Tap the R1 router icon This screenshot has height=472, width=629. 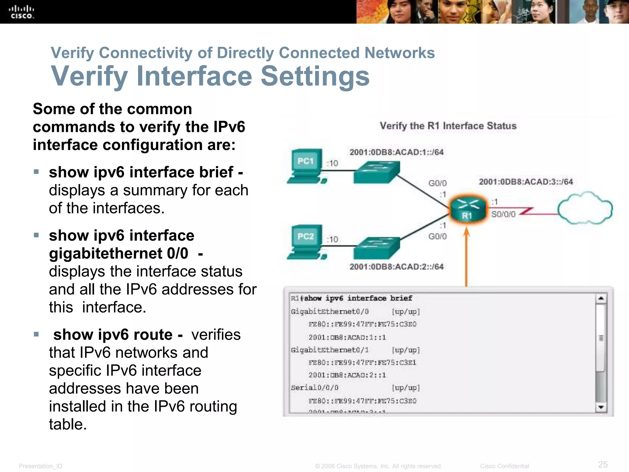tap(467, 209)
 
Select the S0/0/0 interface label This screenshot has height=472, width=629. tap(503, 214)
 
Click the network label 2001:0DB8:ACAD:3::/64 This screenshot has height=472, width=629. tap(526, 182)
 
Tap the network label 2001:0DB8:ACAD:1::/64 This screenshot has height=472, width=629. tap(396, 152)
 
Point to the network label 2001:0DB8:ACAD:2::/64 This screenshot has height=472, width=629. tap(396, 266)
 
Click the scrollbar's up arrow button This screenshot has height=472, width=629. tap(601, 298)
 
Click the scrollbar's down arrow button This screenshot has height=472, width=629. tap(601, 407)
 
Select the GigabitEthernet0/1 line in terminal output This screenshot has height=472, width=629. tap(330, 350)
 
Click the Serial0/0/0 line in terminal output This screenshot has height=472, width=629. tap(314, 388)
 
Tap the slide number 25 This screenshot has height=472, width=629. tap(603, 464)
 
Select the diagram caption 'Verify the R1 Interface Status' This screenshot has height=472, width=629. tap(448, 126)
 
